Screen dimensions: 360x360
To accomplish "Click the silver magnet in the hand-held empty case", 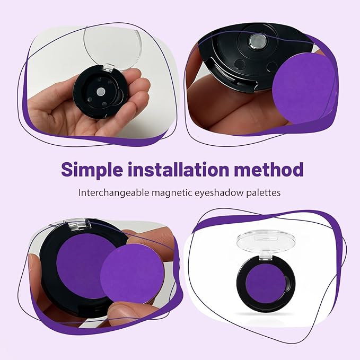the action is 101,91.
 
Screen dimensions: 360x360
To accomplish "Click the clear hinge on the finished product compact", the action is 266,256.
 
